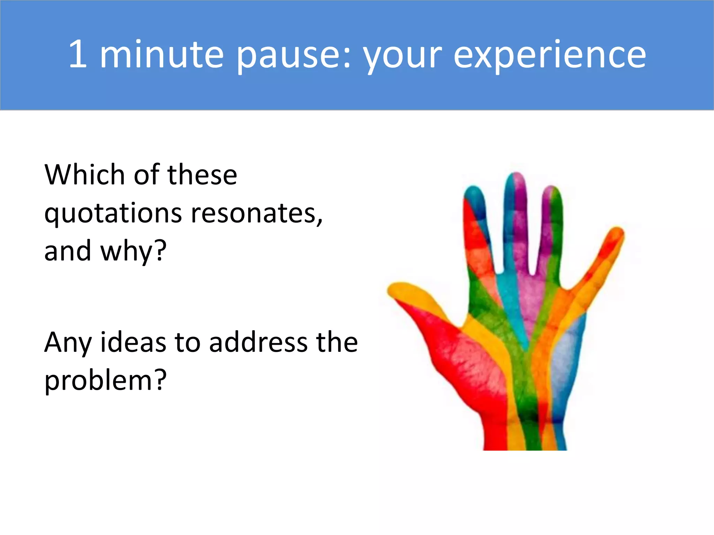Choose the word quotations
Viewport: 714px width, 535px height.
113,214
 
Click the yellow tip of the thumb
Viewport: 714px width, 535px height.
397,289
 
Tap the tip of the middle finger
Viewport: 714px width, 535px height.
516,180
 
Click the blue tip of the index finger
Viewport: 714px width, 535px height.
474,194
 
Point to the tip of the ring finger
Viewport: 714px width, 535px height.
552,193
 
